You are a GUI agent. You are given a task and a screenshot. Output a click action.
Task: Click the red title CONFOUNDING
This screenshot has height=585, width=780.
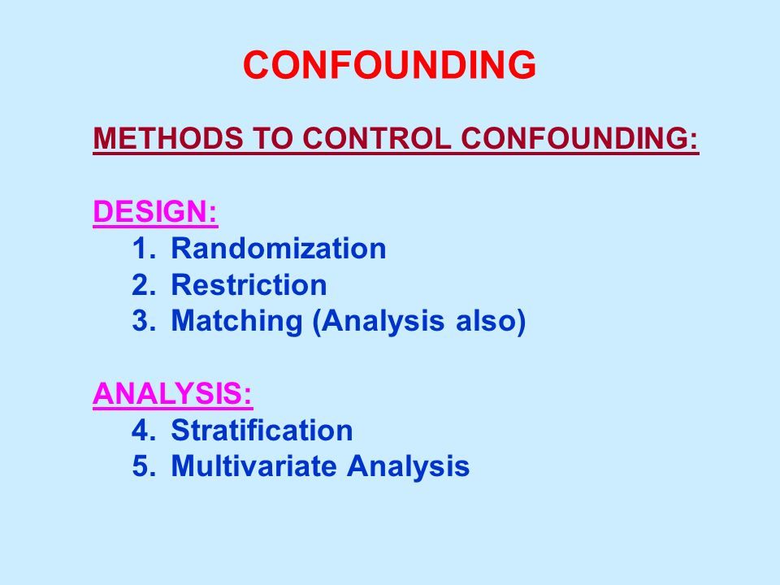389,65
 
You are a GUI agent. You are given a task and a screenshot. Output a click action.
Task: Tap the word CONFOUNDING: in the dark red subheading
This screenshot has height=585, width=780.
580,138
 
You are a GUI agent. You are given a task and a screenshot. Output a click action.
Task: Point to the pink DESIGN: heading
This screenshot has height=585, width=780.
155,211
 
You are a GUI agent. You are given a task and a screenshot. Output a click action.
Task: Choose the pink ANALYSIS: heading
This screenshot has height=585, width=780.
172,393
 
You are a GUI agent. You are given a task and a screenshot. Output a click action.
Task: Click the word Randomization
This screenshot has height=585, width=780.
279,248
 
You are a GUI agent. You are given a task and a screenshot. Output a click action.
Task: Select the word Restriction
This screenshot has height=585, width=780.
249,284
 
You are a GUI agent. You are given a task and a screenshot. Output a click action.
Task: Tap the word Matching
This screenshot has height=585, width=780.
236,322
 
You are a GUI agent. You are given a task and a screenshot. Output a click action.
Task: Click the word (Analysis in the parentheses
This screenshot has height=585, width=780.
378,322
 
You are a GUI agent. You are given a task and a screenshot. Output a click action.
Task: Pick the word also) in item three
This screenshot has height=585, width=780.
491,322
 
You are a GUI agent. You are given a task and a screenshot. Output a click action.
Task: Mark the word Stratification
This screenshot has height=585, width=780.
262,431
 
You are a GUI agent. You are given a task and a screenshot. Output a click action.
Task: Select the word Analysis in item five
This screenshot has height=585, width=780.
409,466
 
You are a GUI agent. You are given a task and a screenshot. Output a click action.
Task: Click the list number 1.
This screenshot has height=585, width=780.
143,248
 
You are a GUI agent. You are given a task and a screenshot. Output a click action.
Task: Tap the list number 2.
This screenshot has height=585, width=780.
143,284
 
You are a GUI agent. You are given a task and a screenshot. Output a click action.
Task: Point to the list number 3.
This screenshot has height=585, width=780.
143,321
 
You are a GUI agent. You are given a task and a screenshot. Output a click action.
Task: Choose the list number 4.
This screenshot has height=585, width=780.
143,431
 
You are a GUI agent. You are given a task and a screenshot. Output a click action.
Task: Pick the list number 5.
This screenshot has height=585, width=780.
143,466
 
